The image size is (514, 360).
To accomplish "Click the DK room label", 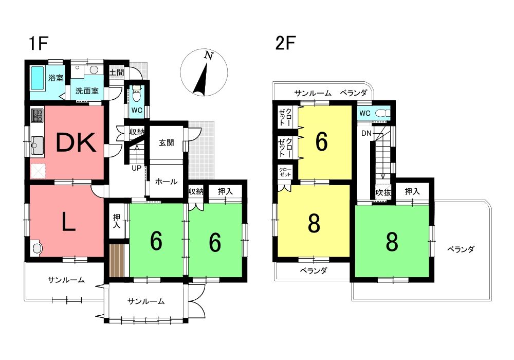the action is click(x=77, y=142).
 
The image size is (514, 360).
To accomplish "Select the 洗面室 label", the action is click(x=87, y=91).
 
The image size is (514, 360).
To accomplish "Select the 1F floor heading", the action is click(x=39, y=44).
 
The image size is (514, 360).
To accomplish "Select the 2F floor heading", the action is click(x=285, y=43).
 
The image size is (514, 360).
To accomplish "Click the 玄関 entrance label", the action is click(x=166, y=142).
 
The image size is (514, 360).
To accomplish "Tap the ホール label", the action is click(x=166, y=182).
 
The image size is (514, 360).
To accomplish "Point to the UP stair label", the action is click(x=136, y=168).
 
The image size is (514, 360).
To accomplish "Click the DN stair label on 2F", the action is click(x=366, y=133).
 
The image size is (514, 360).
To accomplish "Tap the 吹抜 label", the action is click(x=383, y=193).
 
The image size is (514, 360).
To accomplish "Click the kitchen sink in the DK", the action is click(x=38, y=145).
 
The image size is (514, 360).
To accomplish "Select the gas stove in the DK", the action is click(x=38, y=115).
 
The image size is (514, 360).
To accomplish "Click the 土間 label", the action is click(x=116, y=73).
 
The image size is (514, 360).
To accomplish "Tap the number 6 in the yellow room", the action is click(x=321, y=142).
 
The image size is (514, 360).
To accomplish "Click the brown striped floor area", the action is click(x=117, y=260).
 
